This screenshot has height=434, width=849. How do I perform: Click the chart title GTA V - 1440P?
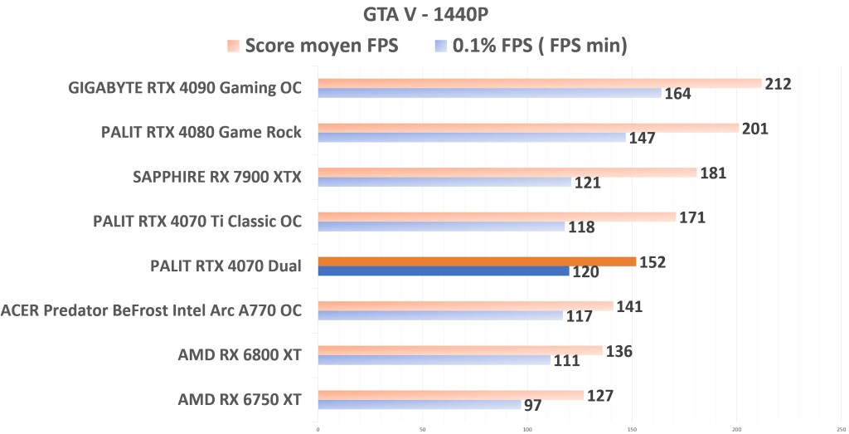(x=424, y=14)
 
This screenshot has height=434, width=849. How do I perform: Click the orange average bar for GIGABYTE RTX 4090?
(x=539, y=83)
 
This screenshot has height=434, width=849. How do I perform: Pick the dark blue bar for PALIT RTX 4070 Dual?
(x=444, y=271)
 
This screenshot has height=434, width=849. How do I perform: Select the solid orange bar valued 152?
(x=477, y=261)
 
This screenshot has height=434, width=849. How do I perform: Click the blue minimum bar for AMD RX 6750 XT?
(x=420, y=405)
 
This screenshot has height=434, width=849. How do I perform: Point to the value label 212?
(x=779, y=84)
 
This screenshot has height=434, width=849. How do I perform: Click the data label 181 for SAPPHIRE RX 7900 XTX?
(x=713, y=173)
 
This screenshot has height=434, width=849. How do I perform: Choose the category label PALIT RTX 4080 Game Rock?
(x=201, y=132)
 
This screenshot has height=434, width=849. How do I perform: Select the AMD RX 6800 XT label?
(x=239, y=355)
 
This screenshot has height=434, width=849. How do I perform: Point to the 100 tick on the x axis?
(x=527, y=429)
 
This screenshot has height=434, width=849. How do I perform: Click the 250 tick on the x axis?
(x=841, y=429)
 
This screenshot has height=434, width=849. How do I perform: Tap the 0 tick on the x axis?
(x=318, y=429)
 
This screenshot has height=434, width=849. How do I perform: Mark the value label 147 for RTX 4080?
(x=642, y=138)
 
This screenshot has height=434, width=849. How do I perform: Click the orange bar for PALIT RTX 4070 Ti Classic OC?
(x=497, y=217)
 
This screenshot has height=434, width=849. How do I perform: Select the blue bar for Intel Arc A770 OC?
(x=440, y=315)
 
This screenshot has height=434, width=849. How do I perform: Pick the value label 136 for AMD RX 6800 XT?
(x=619, y=351)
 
